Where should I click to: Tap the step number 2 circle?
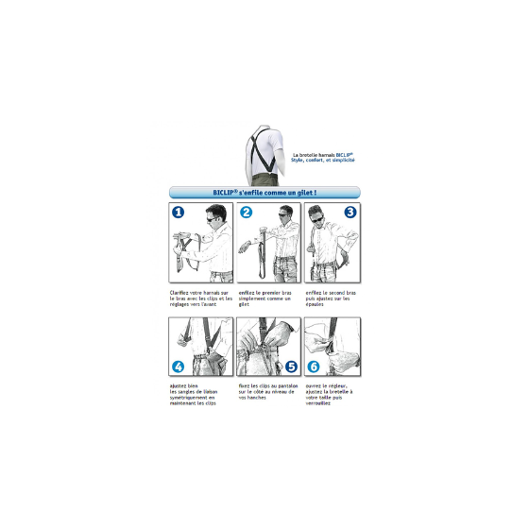(x=246, y=213)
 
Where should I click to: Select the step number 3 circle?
(x=350, y=213)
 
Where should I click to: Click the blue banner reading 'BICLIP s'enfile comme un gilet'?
(x=264, y=192)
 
